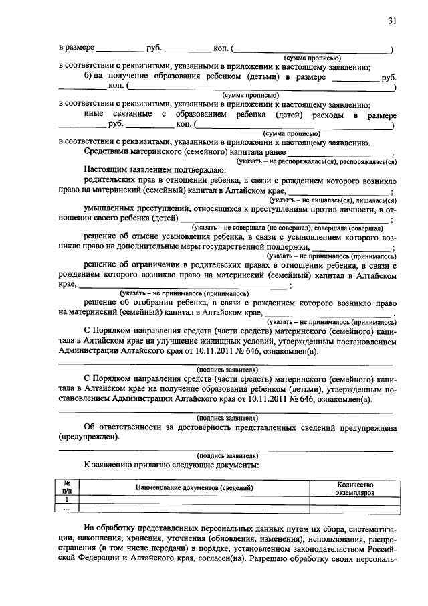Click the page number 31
(x=393, y=21)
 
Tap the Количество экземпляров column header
(x=354, y=488)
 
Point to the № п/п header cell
(x=67, y=488)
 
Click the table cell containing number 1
(x=67, y=500)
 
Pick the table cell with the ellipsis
(x=67, y=510)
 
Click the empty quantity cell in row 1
(x=354, y=500)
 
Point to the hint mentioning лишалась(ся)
(x=330, y=200)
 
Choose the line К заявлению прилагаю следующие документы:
(x=171, y=464)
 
